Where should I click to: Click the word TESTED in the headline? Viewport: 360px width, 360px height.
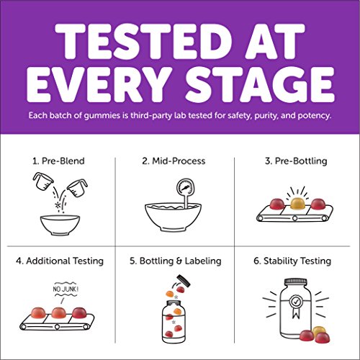[144, 41]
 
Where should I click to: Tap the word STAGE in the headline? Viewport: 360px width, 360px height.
[260, 84]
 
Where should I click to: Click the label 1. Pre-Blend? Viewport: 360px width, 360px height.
[58, 161]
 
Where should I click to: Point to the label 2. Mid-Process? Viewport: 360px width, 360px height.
[174, 161]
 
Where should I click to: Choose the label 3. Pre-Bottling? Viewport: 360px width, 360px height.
[296, 161]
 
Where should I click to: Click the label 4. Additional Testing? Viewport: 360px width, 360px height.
[60, 261]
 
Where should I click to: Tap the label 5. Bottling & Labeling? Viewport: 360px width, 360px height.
[176, 261]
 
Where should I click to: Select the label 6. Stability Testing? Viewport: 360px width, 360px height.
[292, 261]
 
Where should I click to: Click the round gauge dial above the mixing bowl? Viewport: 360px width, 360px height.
[185, 188]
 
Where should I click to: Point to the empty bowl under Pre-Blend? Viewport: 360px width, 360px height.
[60, 225]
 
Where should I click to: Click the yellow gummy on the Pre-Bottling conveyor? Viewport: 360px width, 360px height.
[297, 204]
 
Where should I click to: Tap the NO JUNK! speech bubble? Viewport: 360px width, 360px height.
[66, 289]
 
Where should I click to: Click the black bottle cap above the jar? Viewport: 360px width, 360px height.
[184, 281]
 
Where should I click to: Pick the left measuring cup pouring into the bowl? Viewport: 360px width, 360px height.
[43, 181]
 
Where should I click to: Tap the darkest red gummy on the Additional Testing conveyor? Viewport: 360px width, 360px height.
[80, 313]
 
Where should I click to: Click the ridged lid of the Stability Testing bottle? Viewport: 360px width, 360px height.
[296, 282]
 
